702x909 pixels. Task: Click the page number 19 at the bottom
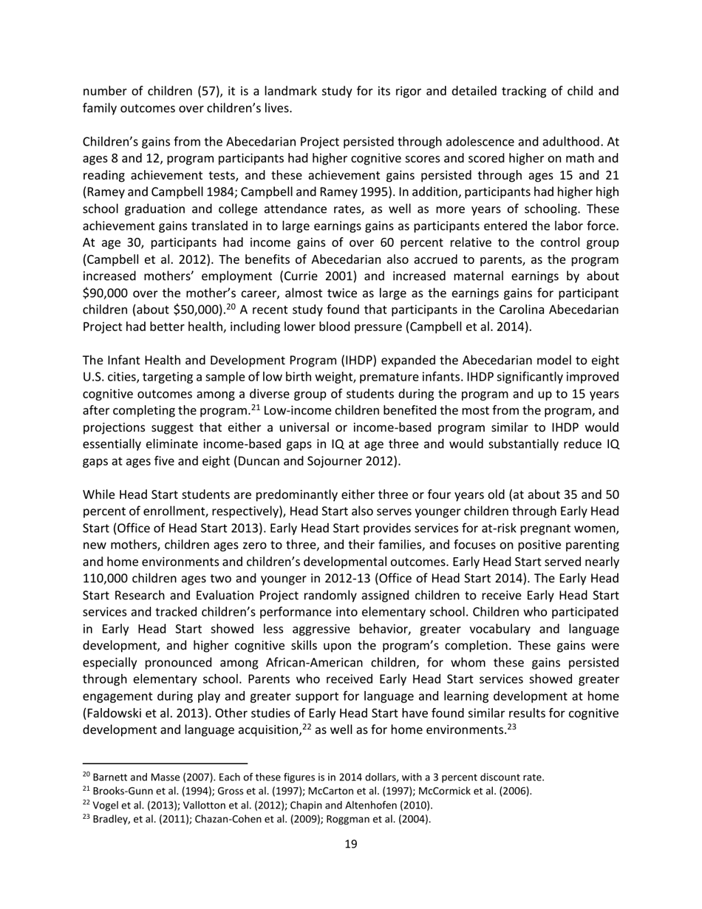tap(351, 844)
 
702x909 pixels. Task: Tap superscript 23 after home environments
tap(511, 727)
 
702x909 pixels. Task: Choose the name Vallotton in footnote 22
tap(194, 805)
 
